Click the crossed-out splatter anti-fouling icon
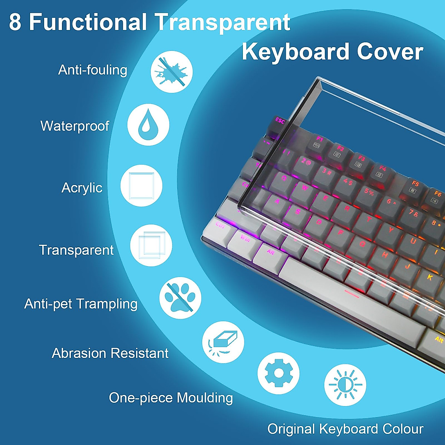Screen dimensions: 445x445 [x=171, y=72]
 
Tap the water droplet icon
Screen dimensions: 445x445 [x=148, y=125]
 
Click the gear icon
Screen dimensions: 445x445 [x=278, y=373]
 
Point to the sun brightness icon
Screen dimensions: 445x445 [x=345, y=385]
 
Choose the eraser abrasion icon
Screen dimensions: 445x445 [x=223, y=342]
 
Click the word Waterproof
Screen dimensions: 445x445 [x=75, y=126]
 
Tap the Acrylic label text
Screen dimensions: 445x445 [x=82, y=188]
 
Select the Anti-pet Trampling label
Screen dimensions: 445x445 [x=81, y=304]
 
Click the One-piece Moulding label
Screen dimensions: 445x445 [x=171, y=398]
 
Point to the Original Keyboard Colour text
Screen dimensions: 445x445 [x=345, y=429]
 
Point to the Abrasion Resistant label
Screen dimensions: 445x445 [x=110, y=353]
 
